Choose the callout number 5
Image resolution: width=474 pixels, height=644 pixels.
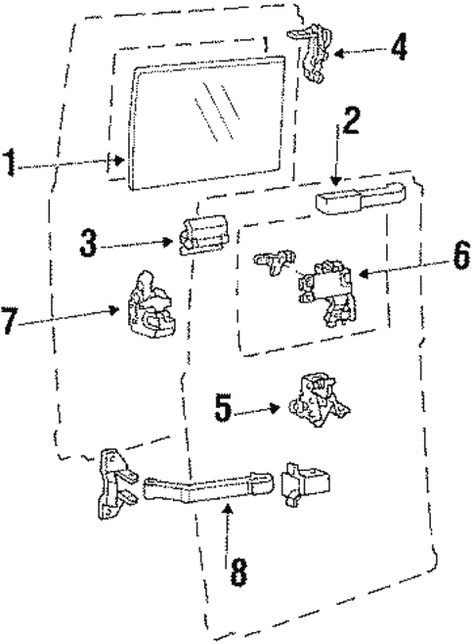[225, 406]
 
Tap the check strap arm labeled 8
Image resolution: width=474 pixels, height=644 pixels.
[205, 484]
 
